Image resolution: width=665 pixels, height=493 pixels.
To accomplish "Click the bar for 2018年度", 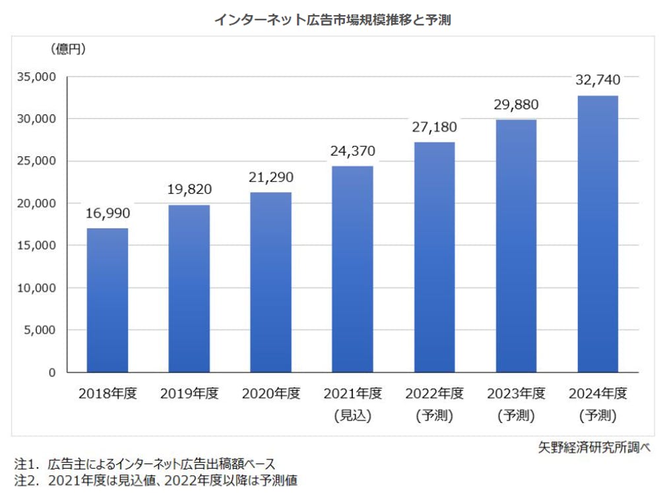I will (x=108, y=301).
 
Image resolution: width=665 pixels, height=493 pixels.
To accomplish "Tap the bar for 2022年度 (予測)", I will (x=434, y=257).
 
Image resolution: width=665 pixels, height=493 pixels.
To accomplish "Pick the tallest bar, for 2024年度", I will (x=598, y=234).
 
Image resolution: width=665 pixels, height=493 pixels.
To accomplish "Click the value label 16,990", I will (x=108, y=213).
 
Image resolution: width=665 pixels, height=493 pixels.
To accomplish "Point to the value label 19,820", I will (x=189, y=190).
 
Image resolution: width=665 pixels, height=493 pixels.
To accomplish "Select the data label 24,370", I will (x=353, y=151).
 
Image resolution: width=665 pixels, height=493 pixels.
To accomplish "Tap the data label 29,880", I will (x=516, y=104).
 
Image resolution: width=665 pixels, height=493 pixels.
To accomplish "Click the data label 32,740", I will (x=598, y=80).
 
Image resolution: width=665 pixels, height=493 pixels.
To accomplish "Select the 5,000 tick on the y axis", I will (x=42, y=330).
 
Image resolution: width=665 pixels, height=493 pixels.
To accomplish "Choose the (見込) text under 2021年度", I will (x=353, y=415).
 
